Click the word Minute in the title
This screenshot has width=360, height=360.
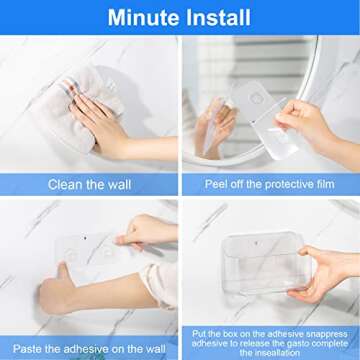point(143,17)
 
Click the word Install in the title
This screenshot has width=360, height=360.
point(218,17)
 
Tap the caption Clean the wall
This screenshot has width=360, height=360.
point(90,184)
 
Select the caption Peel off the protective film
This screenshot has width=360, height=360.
point(270,184)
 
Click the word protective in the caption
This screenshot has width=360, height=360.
point(289,184)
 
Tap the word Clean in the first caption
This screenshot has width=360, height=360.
point(66,184)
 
